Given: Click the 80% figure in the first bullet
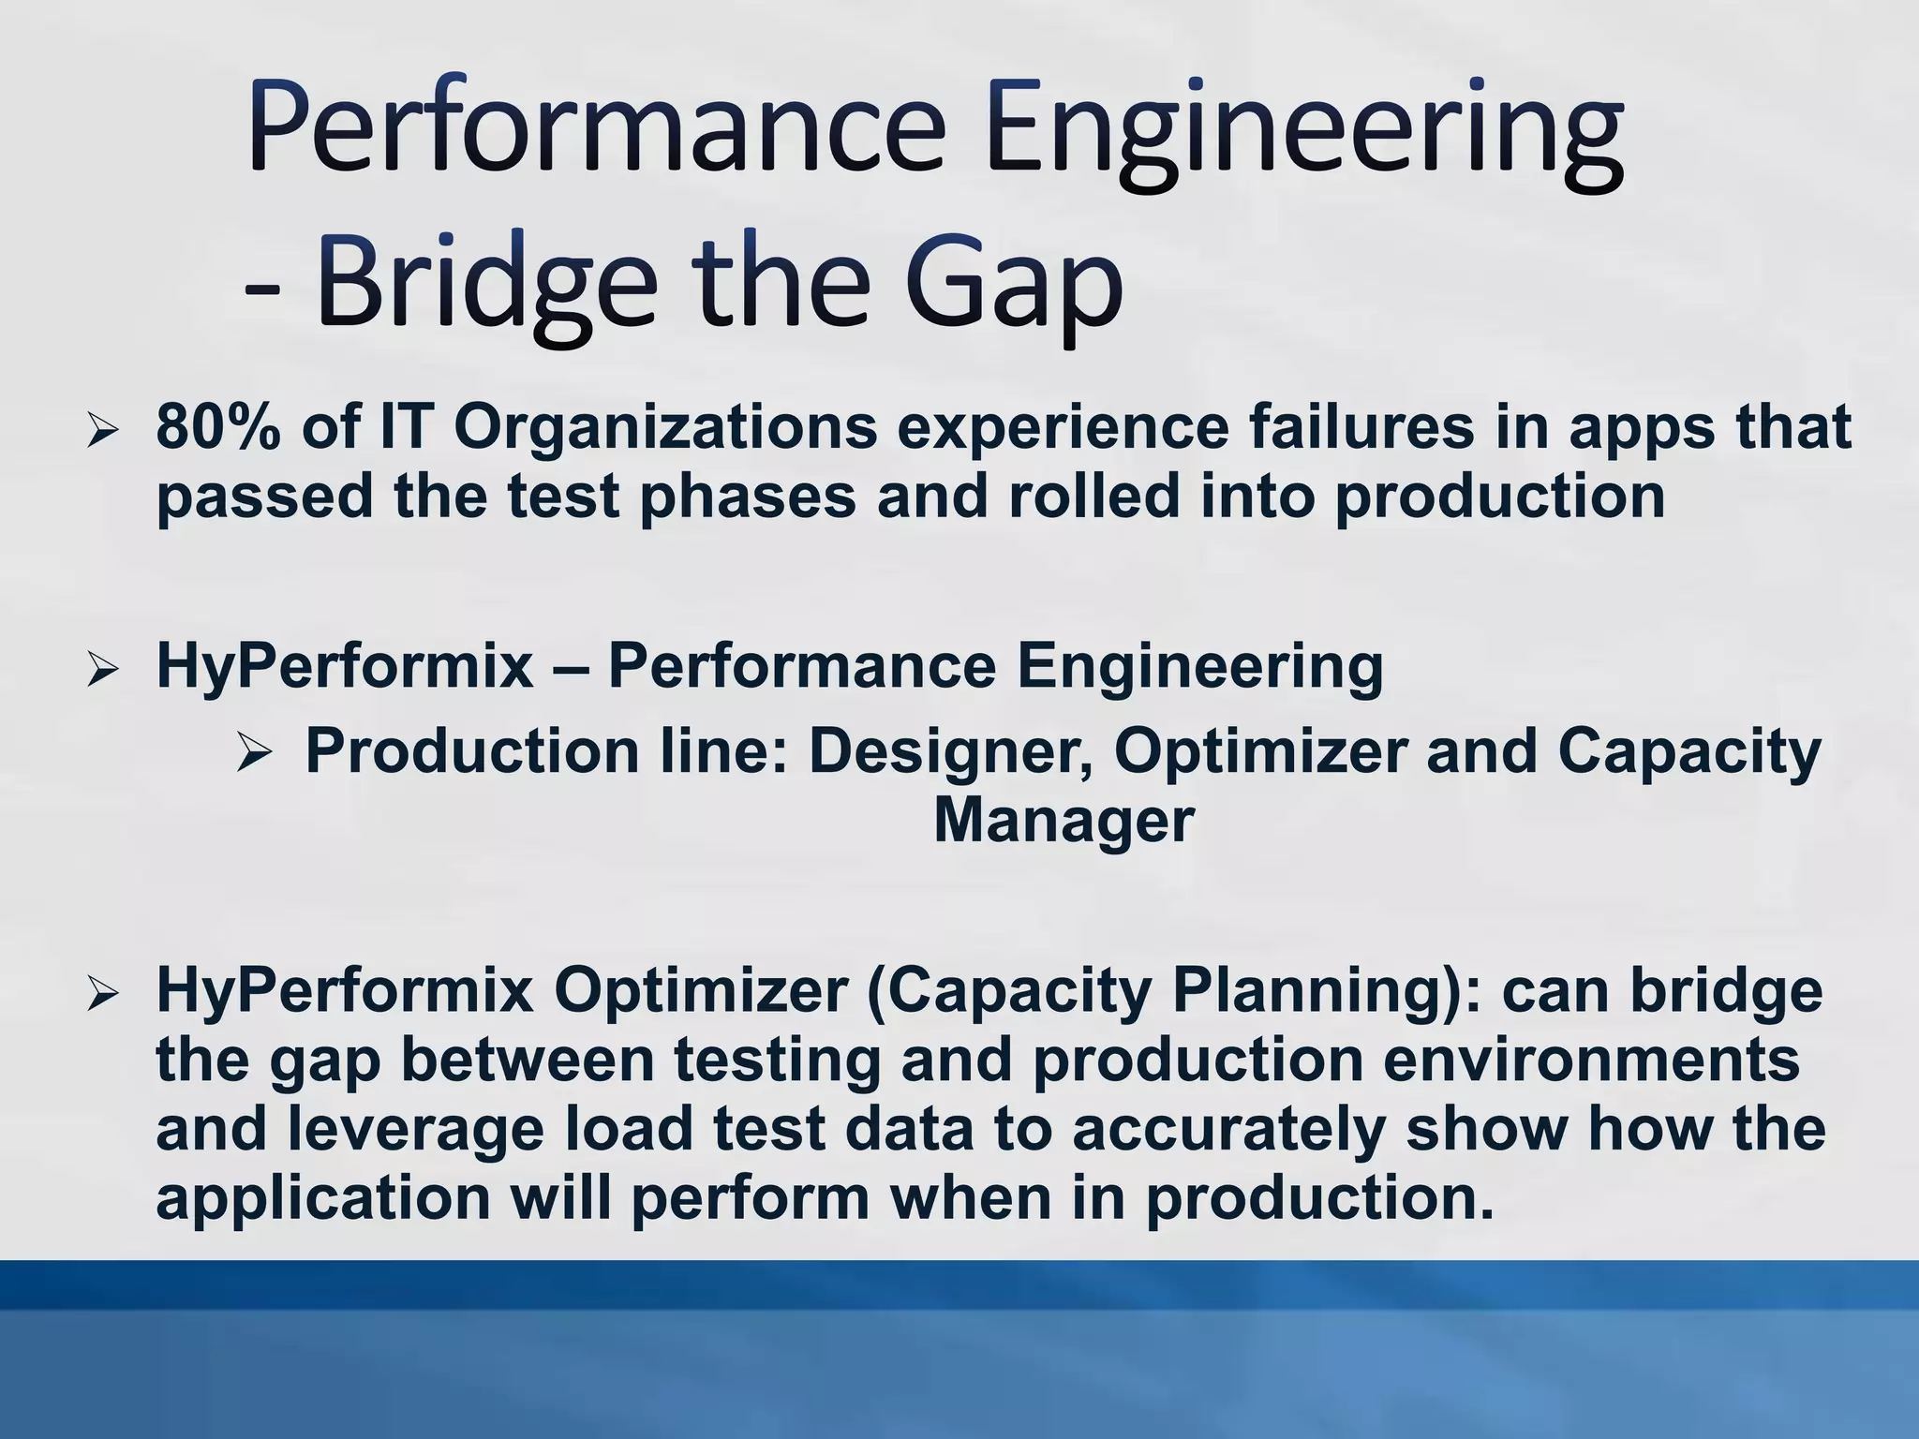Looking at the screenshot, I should click(x=217, y=427).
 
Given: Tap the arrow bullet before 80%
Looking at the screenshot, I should click(x=102, y=432).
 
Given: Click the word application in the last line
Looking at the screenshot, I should click(x=323, y=1199).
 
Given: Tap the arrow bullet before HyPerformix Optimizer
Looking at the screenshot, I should click(x=102, y=996).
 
